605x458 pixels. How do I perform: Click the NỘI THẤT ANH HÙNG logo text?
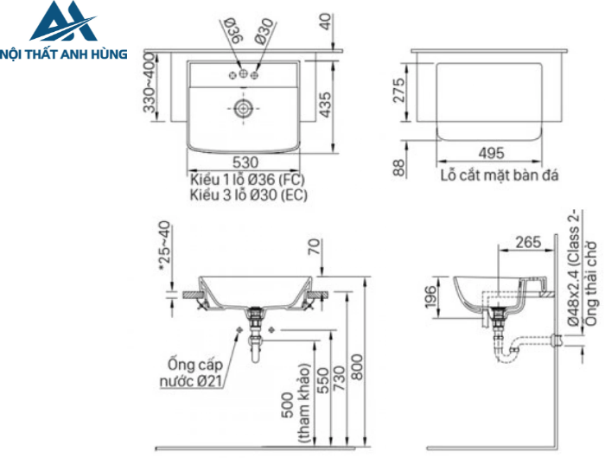(x=65, y=54)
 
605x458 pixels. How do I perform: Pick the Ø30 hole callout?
(x=264, y=33)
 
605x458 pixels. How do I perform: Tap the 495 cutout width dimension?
(x=490, y=153)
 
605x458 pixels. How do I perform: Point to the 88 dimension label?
(x=398, y=166)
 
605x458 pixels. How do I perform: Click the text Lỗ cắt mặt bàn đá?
(x=499, y=175)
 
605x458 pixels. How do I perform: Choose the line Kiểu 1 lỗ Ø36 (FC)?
(x=248, y=179)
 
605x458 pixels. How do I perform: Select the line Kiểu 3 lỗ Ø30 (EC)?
(x=248, y=194)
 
